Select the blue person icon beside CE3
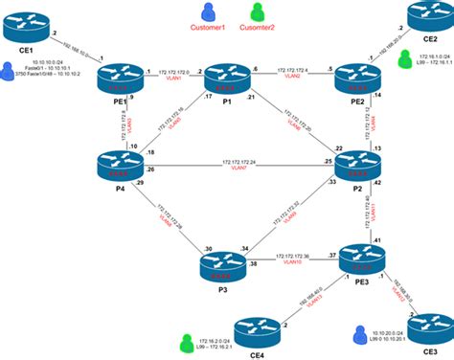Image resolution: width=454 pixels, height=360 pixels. (x=360, y=335)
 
